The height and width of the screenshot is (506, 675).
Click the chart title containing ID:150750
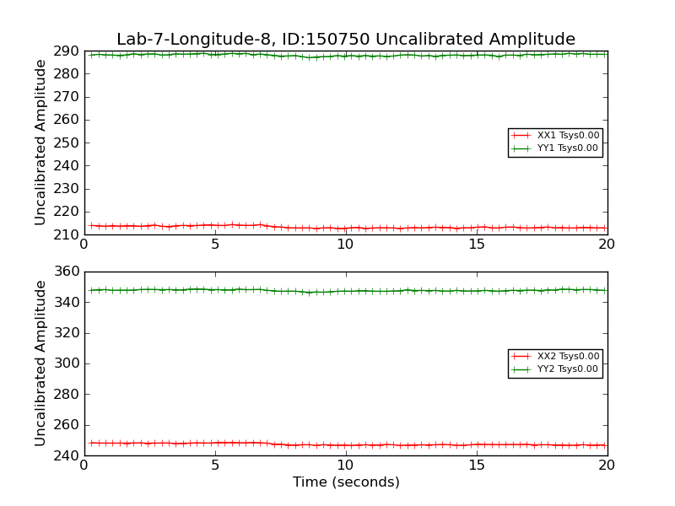tap(346, 40)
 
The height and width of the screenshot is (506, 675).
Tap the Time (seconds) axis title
tap(346, 482)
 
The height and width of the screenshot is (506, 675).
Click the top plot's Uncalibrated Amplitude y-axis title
tap(40, 143)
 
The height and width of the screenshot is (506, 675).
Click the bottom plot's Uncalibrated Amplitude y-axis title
tap(40, 363)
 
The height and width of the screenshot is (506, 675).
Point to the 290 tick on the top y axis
tap(66, 51)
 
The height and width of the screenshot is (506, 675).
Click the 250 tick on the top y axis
tap(66, 143)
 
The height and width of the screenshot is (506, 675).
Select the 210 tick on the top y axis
tap(66, 234)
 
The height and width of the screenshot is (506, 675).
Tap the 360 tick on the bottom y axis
tap(66, 272)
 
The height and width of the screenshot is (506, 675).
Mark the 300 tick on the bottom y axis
tap(66, 363)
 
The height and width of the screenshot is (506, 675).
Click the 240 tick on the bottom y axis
tap(66, 455)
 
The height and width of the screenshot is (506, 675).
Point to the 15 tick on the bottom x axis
tap(477, 466)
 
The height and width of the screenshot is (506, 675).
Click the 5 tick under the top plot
tap(215, 245)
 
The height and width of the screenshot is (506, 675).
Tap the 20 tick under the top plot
tap(607, 245)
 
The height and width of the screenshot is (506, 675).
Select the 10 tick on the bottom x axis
tap(346, 466)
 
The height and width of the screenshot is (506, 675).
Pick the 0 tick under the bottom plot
tap(84, 466)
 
